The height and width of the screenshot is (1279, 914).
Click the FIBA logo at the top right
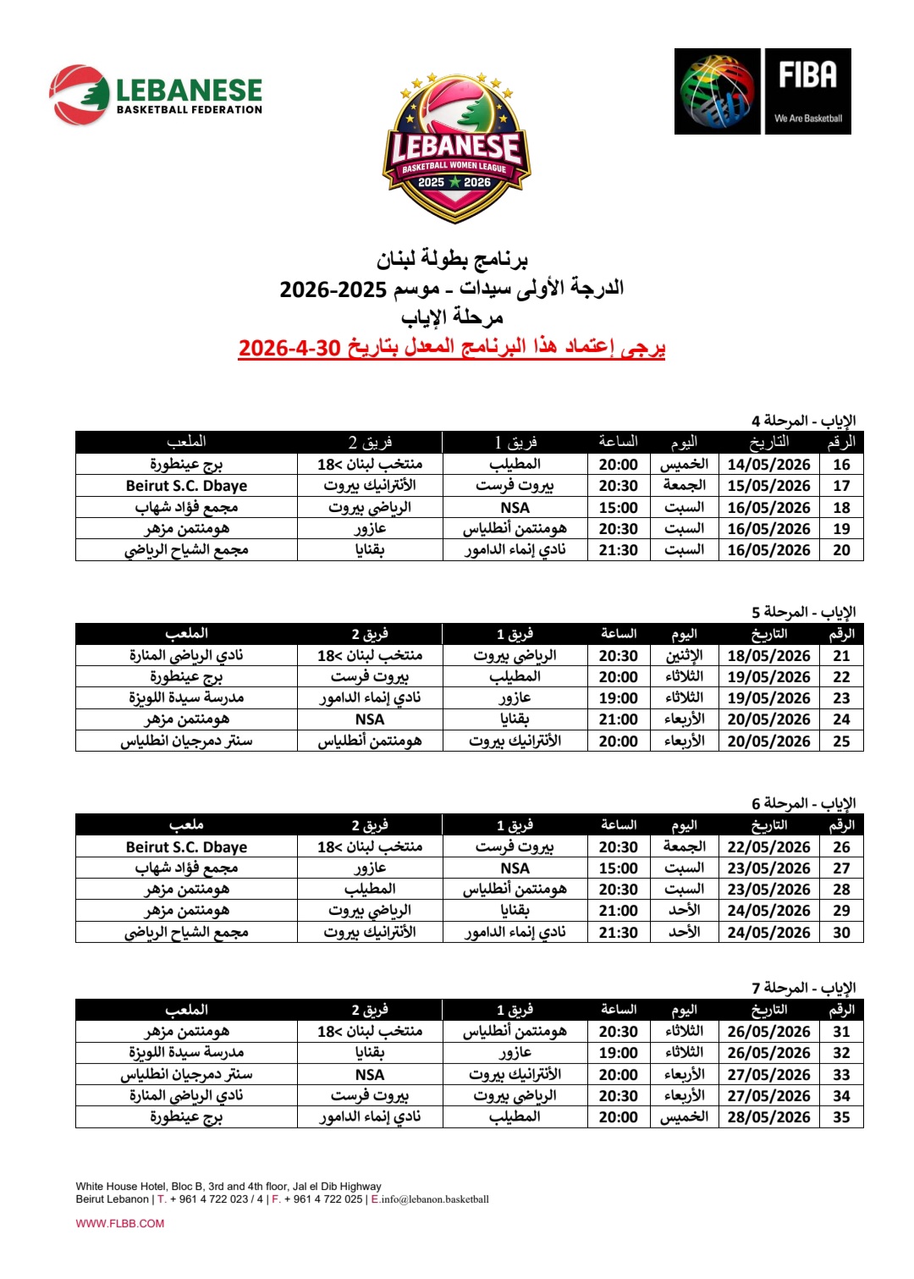763,91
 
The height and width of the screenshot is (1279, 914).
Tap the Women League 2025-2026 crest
456,147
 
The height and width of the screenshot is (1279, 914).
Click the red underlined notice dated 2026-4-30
452,347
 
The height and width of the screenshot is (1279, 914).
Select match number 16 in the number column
841,465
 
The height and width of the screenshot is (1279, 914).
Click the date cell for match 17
768,486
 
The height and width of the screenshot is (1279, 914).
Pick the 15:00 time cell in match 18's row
619,508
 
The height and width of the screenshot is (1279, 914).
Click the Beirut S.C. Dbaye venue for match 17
186,486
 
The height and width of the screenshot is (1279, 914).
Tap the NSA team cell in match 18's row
515,508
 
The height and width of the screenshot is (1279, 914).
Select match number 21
841,656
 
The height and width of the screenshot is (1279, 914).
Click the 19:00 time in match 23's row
619,698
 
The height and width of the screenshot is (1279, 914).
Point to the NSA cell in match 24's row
370,719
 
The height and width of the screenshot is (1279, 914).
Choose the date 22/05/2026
768,847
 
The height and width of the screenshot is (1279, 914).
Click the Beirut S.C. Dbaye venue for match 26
186,847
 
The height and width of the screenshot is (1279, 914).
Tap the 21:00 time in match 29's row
619,911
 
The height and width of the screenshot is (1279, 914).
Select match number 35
841,1117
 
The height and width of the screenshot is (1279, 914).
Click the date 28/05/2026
768,1117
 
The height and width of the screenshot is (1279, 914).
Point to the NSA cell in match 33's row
370,1075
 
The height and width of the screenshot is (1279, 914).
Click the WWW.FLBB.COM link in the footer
120,1223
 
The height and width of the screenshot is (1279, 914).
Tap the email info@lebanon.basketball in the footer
435,1199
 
